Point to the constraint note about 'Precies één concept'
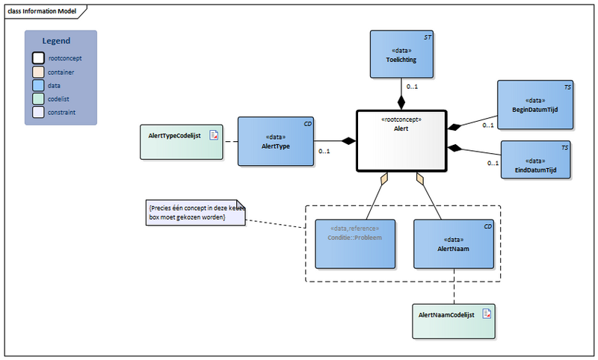click(197, 211)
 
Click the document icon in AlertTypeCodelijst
click(213, 135)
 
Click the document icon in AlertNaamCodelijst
click(486, 314)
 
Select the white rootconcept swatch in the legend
click(38, 58)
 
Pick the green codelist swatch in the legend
click(38, 99)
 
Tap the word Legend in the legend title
click(56, 41)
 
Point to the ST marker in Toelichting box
click(428, 36)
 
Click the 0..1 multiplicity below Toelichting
click(412, 87)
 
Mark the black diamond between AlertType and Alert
click(348, 140)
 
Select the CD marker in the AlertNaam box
click(487, 225)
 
